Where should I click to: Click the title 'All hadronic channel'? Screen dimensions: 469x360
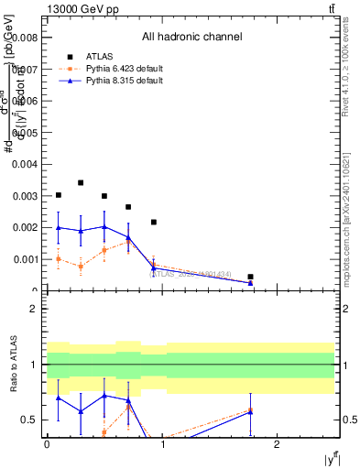tap(191, 38)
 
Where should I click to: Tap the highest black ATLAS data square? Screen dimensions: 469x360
tap(82, 183)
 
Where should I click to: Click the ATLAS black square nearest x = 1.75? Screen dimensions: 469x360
tap(250, 277)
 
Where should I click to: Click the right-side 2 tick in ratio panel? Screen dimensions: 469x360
tap(347, 309)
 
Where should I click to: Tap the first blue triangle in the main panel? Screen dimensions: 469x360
tap(59, 227)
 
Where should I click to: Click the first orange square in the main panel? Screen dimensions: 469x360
tap(59, 259)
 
